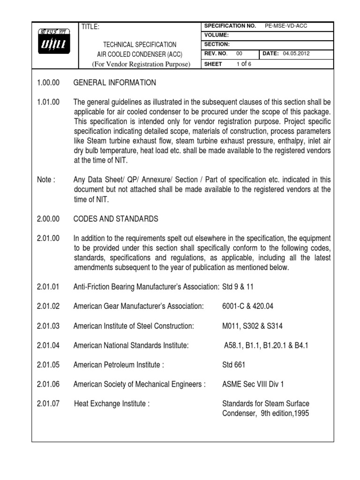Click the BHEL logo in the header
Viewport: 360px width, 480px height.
point(55,45)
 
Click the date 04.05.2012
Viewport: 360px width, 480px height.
point(296,54)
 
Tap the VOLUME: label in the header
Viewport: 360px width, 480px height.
point(217,35)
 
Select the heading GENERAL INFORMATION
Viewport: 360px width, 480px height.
point(115,83)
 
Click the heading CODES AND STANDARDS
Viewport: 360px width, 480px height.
point(116,219)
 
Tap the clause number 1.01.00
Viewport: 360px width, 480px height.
point(48,102)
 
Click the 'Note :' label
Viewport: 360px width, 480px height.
point(46,180)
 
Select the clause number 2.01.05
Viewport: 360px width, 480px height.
point(48,365)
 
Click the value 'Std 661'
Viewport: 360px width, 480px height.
point(233,365)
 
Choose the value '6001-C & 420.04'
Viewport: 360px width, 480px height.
point(247,306)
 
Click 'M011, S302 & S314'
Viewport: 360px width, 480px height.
point(252,326)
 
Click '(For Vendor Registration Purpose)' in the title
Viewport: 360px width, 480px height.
point(141,64)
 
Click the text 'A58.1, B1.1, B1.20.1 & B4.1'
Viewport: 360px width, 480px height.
point(266,345)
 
